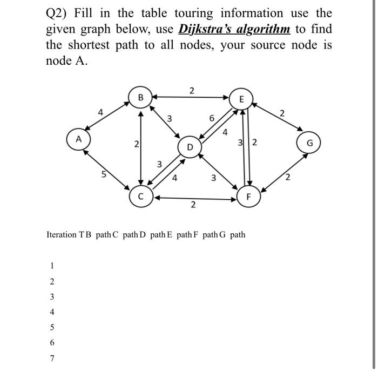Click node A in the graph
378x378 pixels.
tap(78, 139)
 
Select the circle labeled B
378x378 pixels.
tap(140, 98)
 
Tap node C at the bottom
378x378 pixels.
tap(140, 197)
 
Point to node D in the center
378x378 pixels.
tap(190, 146)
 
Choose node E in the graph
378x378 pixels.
tap(241, 99)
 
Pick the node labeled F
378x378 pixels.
tap(248, 197)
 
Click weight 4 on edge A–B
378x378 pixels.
tap(100, 112)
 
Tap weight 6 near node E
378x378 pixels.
tap(212, 118)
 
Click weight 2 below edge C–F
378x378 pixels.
tap(193, 206)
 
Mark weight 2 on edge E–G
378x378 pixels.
tap(281, 113)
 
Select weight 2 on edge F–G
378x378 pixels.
tap(288, 178)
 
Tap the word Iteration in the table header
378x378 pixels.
tap(62, 235)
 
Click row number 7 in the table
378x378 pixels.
tap(52, 358)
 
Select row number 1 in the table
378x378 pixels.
tap(52, 266)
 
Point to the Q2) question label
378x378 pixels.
tap(56, 13)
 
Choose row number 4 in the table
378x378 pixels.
tap(52, 312)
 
